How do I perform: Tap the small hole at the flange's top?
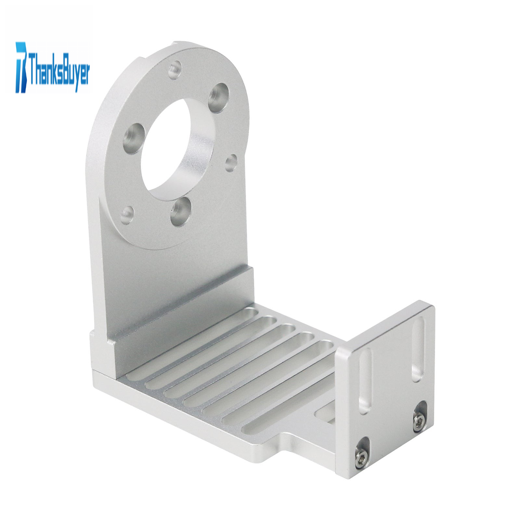click(x=175, y=69)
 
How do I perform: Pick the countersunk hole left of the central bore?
click(x=133, y=139)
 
